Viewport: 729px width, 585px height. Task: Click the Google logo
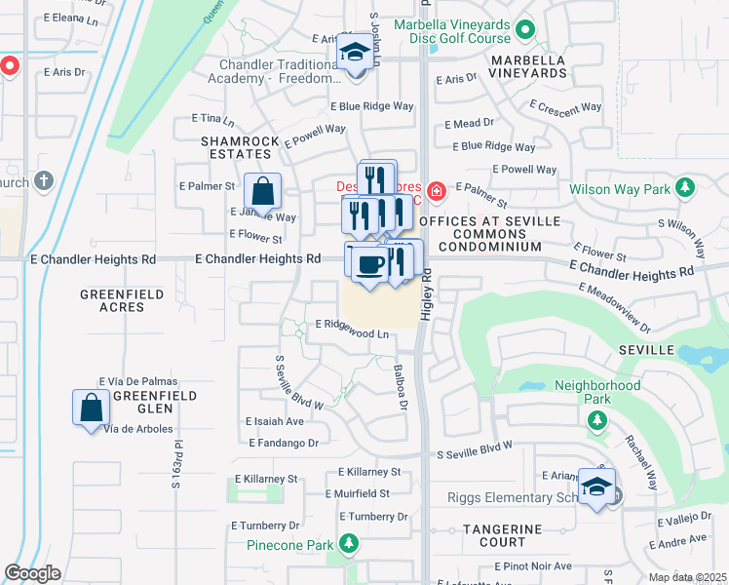coord(32,573)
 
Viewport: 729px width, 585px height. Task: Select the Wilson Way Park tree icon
coord(685,186)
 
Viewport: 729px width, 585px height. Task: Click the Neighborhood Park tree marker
coord(595,420)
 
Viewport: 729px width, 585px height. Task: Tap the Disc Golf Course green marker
coord(525,30)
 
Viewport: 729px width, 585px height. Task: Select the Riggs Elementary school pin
coord(595,487)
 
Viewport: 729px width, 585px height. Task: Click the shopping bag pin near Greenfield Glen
coord(91,406)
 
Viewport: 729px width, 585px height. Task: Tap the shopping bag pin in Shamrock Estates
coord(262,190)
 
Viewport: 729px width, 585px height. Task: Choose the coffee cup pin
coord(368,265)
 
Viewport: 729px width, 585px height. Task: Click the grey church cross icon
coord(43,181)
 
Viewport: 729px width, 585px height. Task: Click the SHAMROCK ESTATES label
coord(235,147)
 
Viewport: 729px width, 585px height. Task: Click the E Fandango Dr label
coord(285,443)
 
